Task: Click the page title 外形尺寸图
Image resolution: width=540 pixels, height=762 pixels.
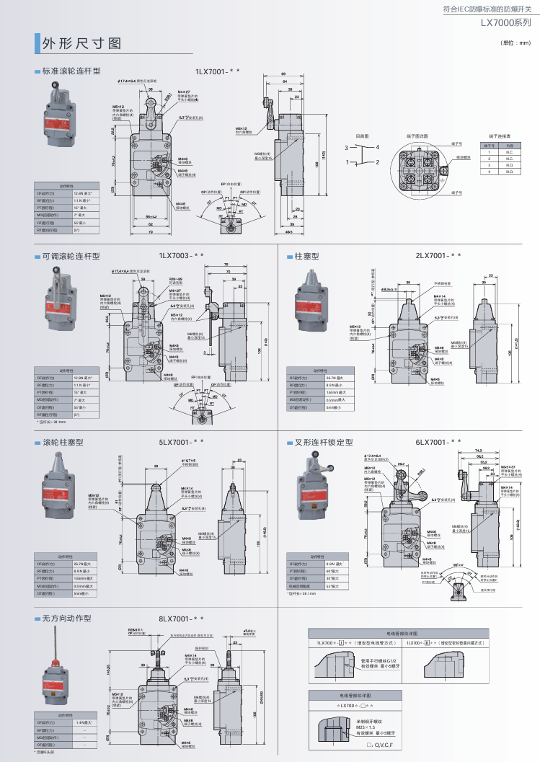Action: pos(81,44)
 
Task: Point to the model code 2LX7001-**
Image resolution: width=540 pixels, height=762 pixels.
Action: pos(437,255)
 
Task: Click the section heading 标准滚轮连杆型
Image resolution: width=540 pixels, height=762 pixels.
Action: pos(71,71)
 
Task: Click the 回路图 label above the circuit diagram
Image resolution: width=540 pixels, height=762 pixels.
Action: pos(362,135)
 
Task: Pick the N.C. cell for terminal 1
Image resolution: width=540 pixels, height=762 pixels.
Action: pos(509,152)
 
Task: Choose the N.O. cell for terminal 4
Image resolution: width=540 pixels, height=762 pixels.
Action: pos(509,172)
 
